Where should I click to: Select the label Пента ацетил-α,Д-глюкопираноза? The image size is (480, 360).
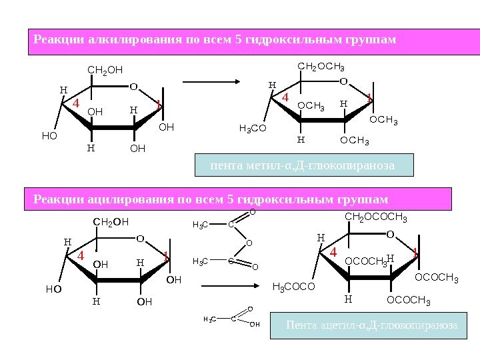pyautogui.click(x=371, y=325)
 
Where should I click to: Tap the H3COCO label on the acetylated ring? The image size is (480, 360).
pyautogui.click(x=293, y=287)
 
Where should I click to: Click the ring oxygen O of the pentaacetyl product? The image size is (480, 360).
pyautogui.click(x=390, y=234)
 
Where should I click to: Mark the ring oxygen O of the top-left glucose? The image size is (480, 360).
pyautogui.click(x=133, y=86)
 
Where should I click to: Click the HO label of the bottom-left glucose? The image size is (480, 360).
pyautogui.click(x=53, y=289)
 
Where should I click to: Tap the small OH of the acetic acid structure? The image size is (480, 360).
pyautogui.click(x=254, y=325)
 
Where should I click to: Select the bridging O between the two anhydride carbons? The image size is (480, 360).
pyautogui.click(x=249, y=243)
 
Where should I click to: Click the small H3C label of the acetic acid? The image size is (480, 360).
pyautogui.click(x=209, y=320)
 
